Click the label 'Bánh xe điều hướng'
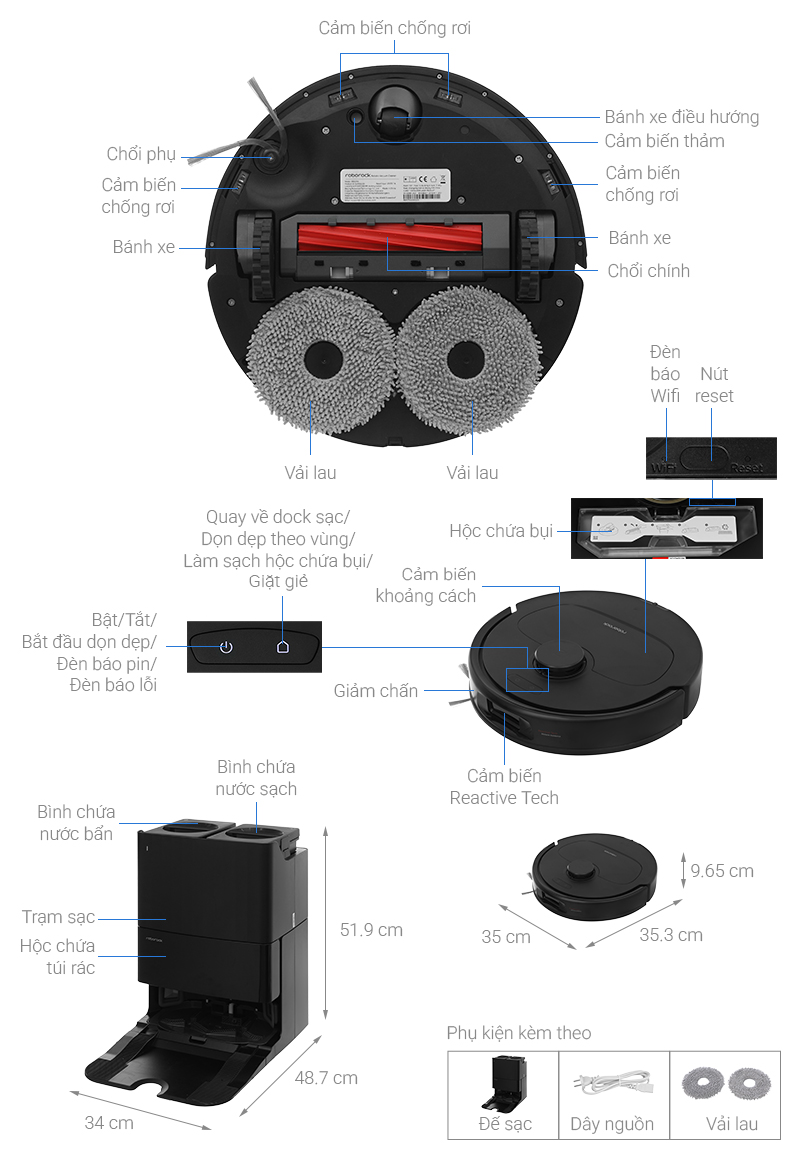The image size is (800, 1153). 681,117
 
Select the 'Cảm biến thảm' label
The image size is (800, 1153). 664,141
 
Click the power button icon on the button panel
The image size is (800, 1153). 226,647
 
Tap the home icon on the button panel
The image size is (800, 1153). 283,647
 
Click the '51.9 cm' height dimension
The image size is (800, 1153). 371,930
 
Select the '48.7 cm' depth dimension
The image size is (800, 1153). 325,1078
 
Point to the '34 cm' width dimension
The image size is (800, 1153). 109,1123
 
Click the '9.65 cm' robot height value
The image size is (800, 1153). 722,871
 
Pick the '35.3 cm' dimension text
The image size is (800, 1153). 671,935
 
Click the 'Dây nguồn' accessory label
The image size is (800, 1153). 612,1124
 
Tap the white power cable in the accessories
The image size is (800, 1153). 612,1081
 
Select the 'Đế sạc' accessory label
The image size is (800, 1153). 505,1124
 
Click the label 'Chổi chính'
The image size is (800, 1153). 648,271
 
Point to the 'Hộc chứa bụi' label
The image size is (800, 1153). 501,530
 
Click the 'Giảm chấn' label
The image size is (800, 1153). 376,691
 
